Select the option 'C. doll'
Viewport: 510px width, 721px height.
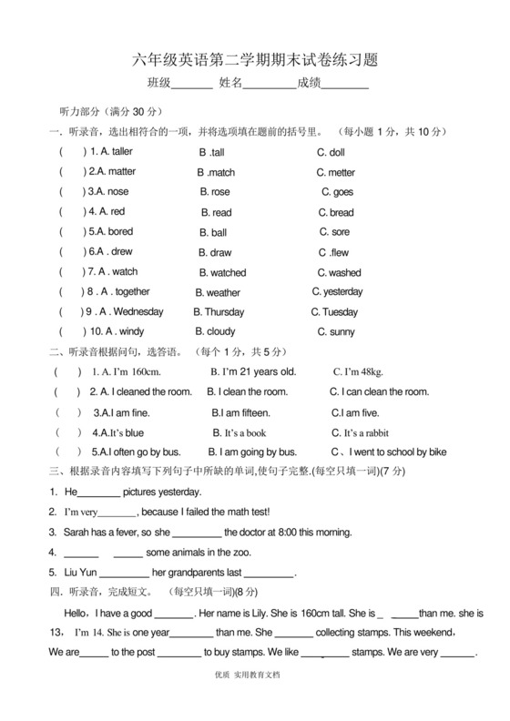[331, 153]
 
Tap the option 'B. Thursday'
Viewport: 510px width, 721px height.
[219, 312]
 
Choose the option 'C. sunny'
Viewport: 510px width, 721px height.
[336, 332]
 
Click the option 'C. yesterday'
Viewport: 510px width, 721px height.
[337, 292]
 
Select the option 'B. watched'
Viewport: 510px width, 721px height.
[222, 272]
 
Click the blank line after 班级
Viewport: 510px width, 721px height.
[192, 85]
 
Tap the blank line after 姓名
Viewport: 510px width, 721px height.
[270, 85]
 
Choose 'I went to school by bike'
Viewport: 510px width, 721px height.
[394, 452]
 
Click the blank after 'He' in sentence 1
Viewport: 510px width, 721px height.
[100, 493]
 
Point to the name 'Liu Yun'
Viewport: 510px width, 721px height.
[78, 573]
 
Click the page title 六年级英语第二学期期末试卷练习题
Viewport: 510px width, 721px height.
[255, 60]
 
